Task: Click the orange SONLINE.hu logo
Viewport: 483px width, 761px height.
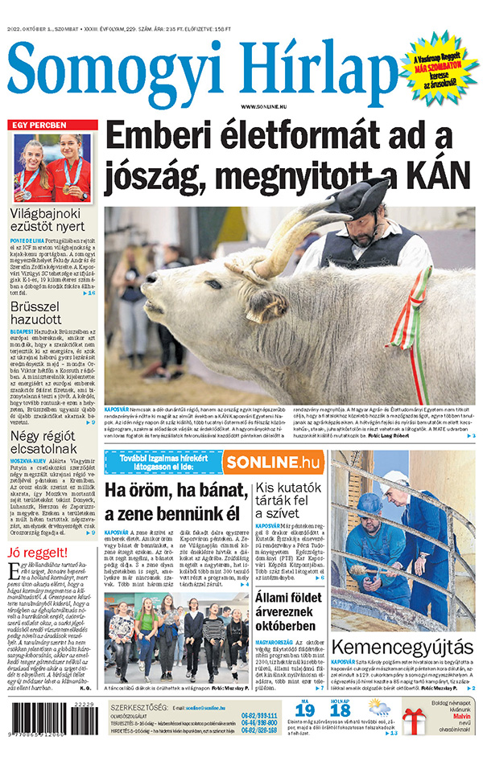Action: pos(273,462)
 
